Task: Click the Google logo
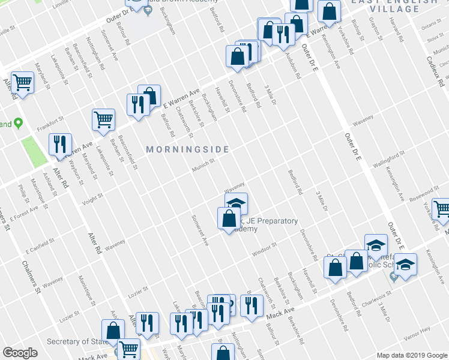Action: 20,353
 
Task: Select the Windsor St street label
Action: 264,249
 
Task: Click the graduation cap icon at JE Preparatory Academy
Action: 237,203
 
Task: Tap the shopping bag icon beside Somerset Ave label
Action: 229,218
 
